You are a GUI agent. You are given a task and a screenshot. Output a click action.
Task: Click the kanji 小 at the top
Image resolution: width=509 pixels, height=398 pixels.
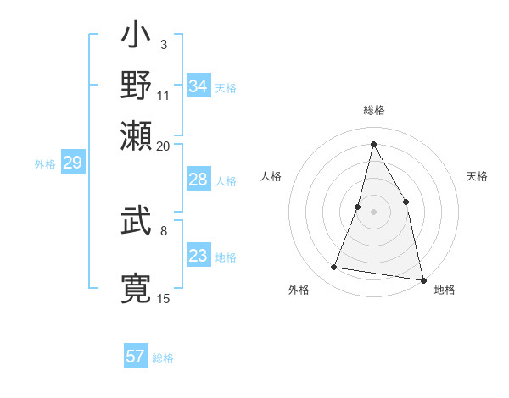(136, 38)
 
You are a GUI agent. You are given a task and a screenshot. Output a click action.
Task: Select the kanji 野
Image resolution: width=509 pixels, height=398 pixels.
(136, 85)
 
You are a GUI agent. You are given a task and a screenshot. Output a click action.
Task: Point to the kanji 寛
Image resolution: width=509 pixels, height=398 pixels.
(136, 288)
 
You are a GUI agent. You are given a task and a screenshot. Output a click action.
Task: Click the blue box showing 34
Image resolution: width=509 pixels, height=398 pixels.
(199, 86)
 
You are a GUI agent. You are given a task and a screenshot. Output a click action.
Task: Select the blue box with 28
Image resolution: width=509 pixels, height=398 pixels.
(199, 180)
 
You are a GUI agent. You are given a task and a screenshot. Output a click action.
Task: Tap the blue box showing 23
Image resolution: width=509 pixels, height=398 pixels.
(199, 256)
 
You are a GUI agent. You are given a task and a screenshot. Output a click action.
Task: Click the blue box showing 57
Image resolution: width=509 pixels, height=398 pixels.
(136, 357)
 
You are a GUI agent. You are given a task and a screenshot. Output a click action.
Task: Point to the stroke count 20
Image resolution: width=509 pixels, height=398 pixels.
(163, 145)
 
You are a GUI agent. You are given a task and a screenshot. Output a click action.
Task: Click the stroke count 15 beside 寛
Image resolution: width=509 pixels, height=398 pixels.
(163, 297)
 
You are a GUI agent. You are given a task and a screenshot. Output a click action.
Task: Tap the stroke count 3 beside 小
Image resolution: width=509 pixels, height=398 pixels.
(163, 44)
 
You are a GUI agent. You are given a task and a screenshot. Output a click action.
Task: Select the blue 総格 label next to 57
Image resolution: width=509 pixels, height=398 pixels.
(163, 358)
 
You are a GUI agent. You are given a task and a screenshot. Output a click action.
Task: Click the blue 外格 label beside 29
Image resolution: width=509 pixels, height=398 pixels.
(45, 164)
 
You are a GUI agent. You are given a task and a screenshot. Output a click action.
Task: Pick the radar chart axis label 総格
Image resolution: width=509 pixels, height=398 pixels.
(374, 110)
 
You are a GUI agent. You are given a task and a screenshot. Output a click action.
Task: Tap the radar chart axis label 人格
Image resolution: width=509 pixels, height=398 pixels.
(271, 176)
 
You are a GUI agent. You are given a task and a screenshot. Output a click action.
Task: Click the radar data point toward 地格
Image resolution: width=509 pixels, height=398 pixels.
(422, 279)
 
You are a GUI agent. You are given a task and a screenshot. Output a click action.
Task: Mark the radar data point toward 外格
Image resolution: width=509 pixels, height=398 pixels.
(334, 268)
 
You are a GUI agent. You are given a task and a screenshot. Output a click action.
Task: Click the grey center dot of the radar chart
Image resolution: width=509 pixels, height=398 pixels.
(374, 211)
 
